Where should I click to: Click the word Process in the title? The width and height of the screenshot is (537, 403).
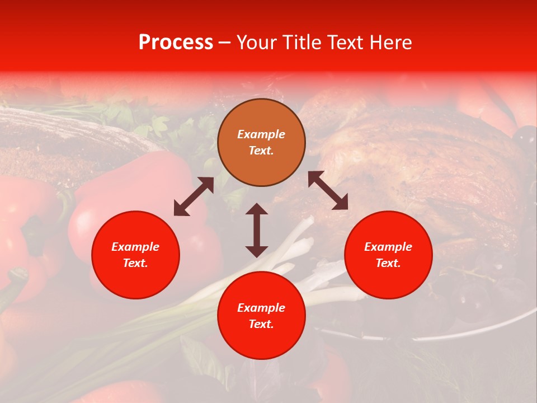176,43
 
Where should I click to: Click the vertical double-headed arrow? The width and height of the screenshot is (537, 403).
257,230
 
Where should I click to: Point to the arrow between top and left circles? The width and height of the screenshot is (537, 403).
194,196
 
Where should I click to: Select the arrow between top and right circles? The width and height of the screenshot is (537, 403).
328,190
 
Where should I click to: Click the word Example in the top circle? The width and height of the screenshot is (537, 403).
261,134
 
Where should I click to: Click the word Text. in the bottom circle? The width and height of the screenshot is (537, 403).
261,325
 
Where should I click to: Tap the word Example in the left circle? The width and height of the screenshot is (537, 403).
135,247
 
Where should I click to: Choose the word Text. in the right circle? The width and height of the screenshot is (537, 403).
388,263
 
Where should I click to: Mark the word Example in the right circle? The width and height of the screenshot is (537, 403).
388,247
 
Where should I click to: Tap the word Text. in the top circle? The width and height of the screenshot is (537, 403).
261,151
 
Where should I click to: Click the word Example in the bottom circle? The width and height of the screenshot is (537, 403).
261,308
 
